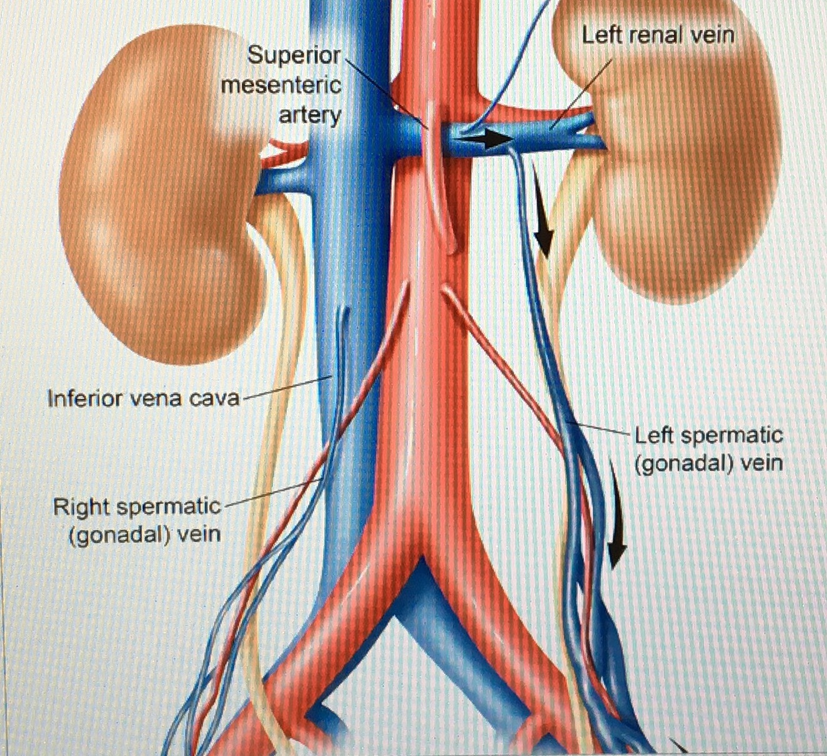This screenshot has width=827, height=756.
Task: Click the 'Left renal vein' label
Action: (657, 35)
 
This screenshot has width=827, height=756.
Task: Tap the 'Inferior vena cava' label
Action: (143, 398)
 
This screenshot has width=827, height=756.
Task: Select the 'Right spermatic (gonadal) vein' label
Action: (137, 520)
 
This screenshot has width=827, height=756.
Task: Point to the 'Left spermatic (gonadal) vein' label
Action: (708, 449)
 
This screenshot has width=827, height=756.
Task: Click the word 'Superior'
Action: (294, 55)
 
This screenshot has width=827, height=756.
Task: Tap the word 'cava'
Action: (214, 398)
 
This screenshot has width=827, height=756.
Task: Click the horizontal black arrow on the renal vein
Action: (493, 138)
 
